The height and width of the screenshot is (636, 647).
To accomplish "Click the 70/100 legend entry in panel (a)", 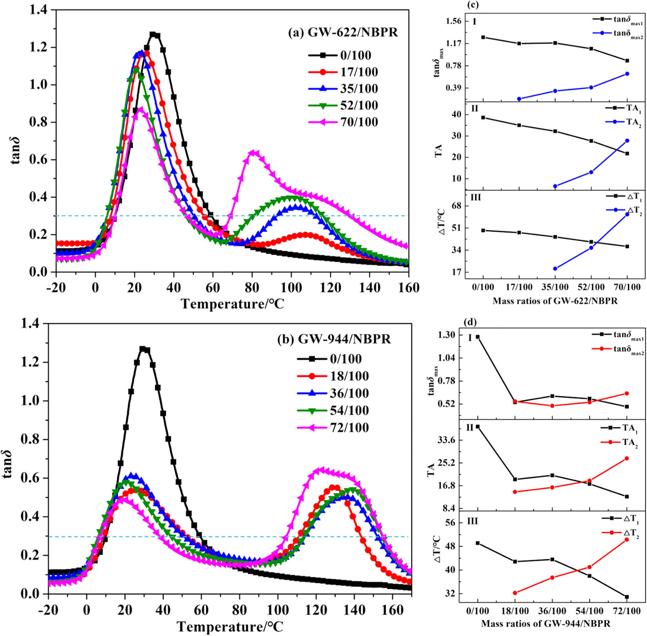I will click(359, 122).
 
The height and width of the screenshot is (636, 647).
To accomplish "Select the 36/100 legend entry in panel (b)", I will click(349, 393).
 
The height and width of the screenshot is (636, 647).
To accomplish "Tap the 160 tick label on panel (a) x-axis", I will click(408, 288).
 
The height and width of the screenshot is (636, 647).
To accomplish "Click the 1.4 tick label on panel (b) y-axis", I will click(30, 324).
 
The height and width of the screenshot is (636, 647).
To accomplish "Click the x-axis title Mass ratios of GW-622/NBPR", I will click(555, 301).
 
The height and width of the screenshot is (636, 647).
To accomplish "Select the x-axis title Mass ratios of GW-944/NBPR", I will click(545, 623).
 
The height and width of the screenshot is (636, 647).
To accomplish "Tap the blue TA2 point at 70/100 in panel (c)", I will click(627, 140).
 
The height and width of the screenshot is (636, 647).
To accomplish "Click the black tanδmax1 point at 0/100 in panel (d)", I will click(478, 337).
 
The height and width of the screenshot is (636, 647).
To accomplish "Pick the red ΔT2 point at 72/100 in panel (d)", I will click(627, 539).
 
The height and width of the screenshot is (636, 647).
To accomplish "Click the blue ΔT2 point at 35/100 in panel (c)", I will click(555, 269).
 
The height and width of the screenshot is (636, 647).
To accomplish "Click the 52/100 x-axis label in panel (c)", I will click(591, 288).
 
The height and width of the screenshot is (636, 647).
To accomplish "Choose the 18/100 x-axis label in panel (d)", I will click(515, 611).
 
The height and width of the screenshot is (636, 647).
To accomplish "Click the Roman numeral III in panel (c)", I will click(475, 197).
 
